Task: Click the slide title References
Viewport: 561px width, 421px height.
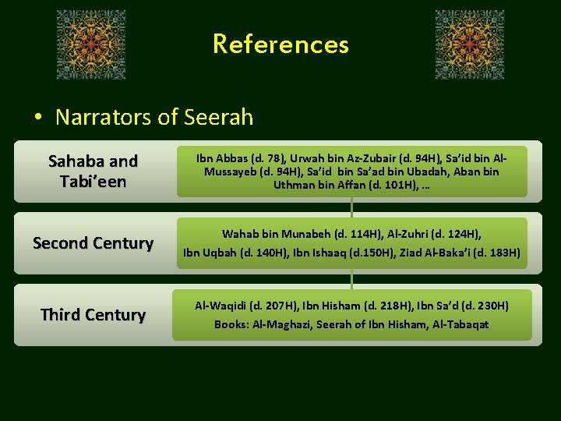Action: point(280,44)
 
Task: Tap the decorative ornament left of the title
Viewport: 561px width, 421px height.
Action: point(91,45)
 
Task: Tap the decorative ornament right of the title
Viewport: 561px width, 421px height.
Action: point(470,45)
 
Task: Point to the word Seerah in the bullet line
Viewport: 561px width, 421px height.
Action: point(219,117)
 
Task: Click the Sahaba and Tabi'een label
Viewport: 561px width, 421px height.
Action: point(93,171)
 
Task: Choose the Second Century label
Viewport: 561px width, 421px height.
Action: point(93,242)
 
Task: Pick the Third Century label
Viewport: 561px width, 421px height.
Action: point(93,314)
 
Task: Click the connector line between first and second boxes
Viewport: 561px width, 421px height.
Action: point(352,207)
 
